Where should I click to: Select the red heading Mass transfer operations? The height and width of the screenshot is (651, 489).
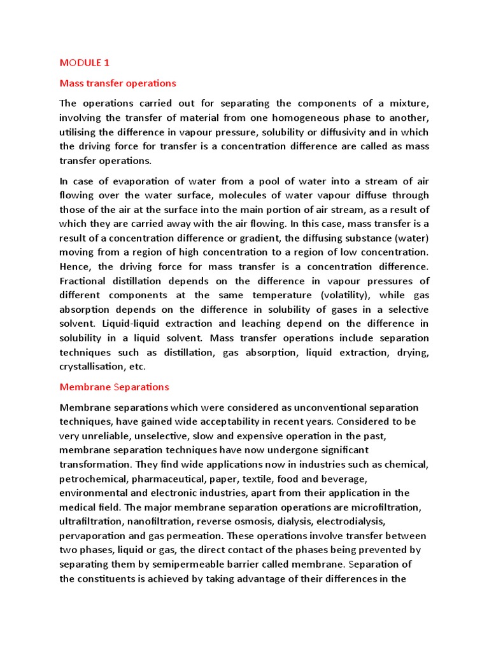[x=117, y=83]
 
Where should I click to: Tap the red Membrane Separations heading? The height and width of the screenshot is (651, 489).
[x=114, y=387]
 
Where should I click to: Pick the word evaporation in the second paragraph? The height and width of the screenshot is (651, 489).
[x=132, y=181]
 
